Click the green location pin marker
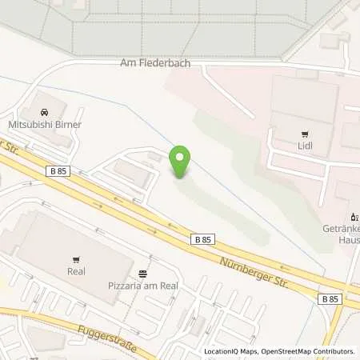183,162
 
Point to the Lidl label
304,146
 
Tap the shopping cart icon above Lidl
304,134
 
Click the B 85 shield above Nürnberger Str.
202,238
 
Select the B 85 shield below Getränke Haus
329,299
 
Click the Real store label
76,271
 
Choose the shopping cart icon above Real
76,259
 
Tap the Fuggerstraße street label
100,337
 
